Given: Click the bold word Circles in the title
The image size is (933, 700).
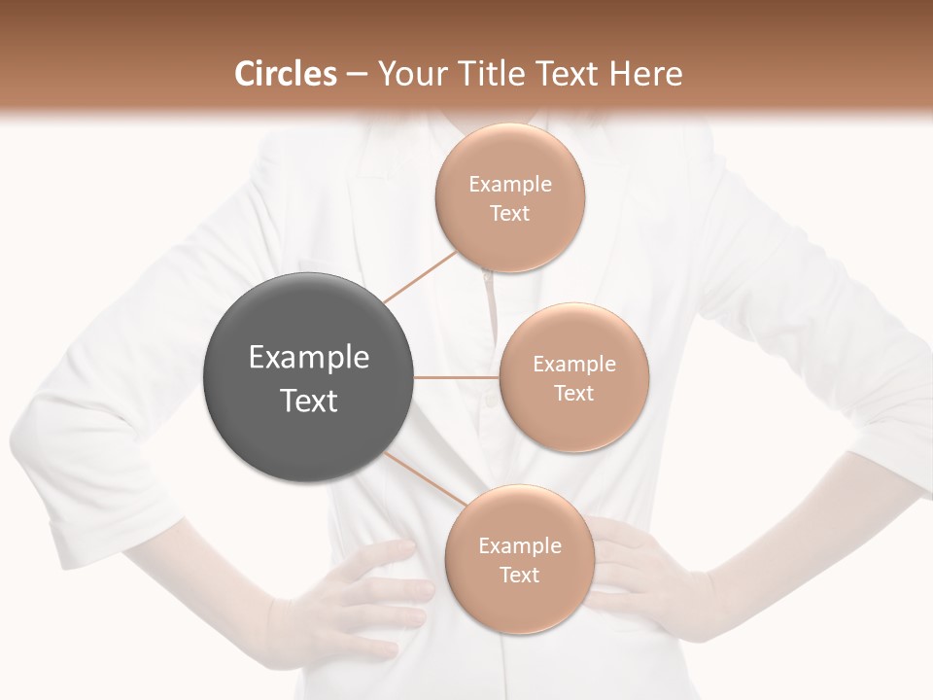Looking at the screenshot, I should (x=286, y=74).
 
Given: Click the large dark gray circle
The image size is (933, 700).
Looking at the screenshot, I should (x=308, y=377).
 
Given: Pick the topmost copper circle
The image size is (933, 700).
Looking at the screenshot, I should (x=509, y=197).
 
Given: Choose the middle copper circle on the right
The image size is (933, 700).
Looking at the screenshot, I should (x=573, y=377).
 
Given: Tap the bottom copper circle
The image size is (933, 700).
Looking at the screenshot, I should (x=519, y=559).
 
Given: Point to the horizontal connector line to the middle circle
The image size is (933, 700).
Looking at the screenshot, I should (x=456, y=377).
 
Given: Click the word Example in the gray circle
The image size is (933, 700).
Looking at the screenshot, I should (x=308, y=357).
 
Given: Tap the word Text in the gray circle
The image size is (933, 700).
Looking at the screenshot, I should (x=308, y=400).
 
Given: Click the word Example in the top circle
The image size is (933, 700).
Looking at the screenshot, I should (x=509, y=184).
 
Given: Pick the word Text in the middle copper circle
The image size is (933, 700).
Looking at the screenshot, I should (x=573, y=393).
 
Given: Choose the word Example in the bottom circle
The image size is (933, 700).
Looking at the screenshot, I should (x=519, y=545).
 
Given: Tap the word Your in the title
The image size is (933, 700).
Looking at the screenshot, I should (x=409, y=74).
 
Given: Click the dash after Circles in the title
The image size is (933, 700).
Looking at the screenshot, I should (x=356, y=75).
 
